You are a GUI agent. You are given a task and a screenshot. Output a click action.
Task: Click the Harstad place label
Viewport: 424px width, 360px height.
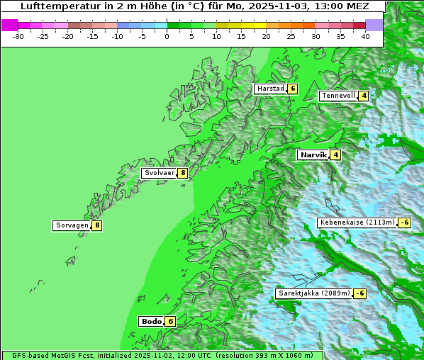[x=270, y=89]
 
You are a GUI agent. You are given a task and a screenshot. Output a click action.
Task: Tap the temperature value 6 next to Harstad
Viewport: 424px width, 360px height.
[x=291, y=89]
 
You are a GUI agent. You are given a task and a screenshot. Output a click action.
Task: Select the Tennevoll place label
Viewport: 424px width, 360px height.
[x=337, y=96]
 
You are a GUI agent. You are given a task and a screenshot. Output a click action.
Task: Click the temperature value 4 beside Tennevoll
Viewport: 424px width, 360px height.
[x=364, y=96]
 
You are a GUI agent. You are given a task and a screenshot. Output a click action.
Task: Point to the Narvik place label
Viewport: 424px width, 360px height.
[x=313, y=154]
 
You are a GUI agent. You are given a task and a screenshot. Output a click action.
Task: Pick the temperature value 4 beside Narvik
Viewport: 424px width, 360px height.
[x=335, y=154]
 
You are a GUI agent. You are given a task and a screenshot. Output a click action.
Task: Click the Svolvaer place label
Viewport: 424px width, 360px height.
[x=159, y=173]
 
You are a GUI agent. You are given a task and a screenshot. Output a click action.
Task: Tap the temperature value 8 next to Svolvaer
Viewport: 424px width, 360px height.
[x=182, y=173]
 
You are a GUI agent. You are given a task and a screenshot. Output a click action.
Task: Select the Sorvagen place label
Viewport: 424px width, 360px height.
[x=72, y=226]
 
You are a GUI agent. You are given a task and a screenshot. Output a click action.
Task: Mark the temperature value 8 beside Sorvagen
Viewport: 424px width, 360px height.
[x=97, y=226]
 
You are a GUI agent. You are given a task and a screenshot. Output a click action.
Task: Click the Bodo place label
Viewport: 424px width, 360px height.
[x=152, y=321]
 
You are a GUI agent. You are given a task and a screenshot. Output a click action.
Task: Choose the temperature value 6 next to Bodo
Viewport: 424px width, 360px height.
[x=170, y=321]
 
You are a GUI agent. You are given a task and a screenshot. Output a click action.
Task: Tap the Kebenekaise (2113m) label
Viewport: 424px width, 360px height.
[x=357, y=223]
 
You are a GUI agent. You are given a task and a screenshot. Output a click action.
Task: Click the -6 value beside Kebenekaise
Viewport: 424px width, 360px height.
[x=404, y=223]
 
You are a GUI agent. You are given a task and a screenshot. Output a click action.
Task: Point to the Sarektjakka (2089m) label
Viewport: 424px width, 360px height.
[x=313, y=293]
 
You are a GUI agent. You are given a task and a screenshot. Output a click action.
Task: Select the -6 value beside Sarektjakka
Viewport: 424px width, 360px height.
[x=359, y=293]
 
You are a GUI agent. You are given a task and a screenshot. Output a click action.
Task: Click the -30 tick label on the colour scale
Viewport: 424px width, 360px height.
[x=18, y=35]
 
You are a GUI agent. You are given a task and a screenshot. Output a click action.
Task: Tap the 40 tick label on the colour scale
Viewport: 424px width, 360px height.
[x=365, y=35]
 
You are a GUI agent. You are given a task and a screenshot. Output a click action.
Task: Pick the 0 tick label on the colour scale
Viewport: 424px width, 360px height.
[x=167, y=35]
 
